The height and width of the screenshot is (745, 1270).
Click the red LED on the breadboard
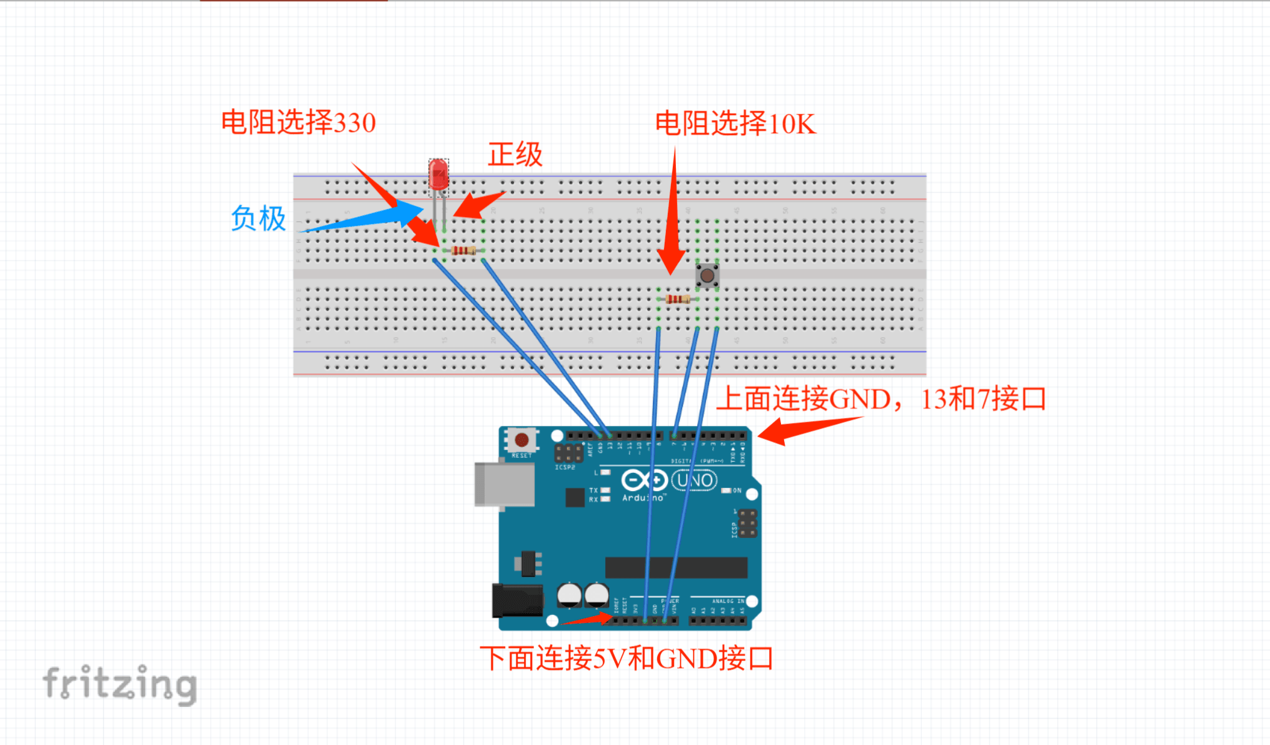(x=438, y=175)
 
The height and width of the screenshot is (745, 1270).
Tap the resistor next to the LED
(x=463, y=251)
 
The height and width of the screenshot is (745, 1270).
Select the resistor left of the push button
(x=677, y=299)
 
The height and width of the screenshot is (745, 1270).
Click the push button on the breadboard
(x=707, y=275)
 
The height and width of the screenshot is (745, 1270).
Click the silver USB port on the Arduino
(x=504, y=484)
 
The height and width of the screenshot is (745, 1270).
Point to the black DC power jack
(x=517, y=600)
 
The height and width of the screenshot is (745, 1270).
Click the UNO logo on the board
(x=694, y=480)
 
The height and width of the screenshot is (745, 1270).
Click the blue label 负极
(x=258, y=218)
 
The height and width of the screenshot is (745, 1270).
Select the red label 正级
(x=515, y=154)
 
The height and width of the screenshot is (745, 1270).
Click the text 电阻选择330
(x=298, y=122)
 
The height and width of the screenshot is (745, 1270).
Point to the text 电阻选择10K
(x=735, y=123)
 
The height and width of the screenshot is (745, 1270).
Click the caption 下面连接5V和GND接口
(x=626, y=658)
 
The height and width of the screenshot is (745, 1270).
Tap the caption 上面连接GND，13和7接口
(x=880, y=398)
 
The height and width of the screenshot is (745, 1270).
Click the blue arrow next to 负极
(x=369, y=218)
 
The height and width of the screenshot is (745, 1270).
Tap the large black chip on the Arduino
(x=676, y=567)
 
